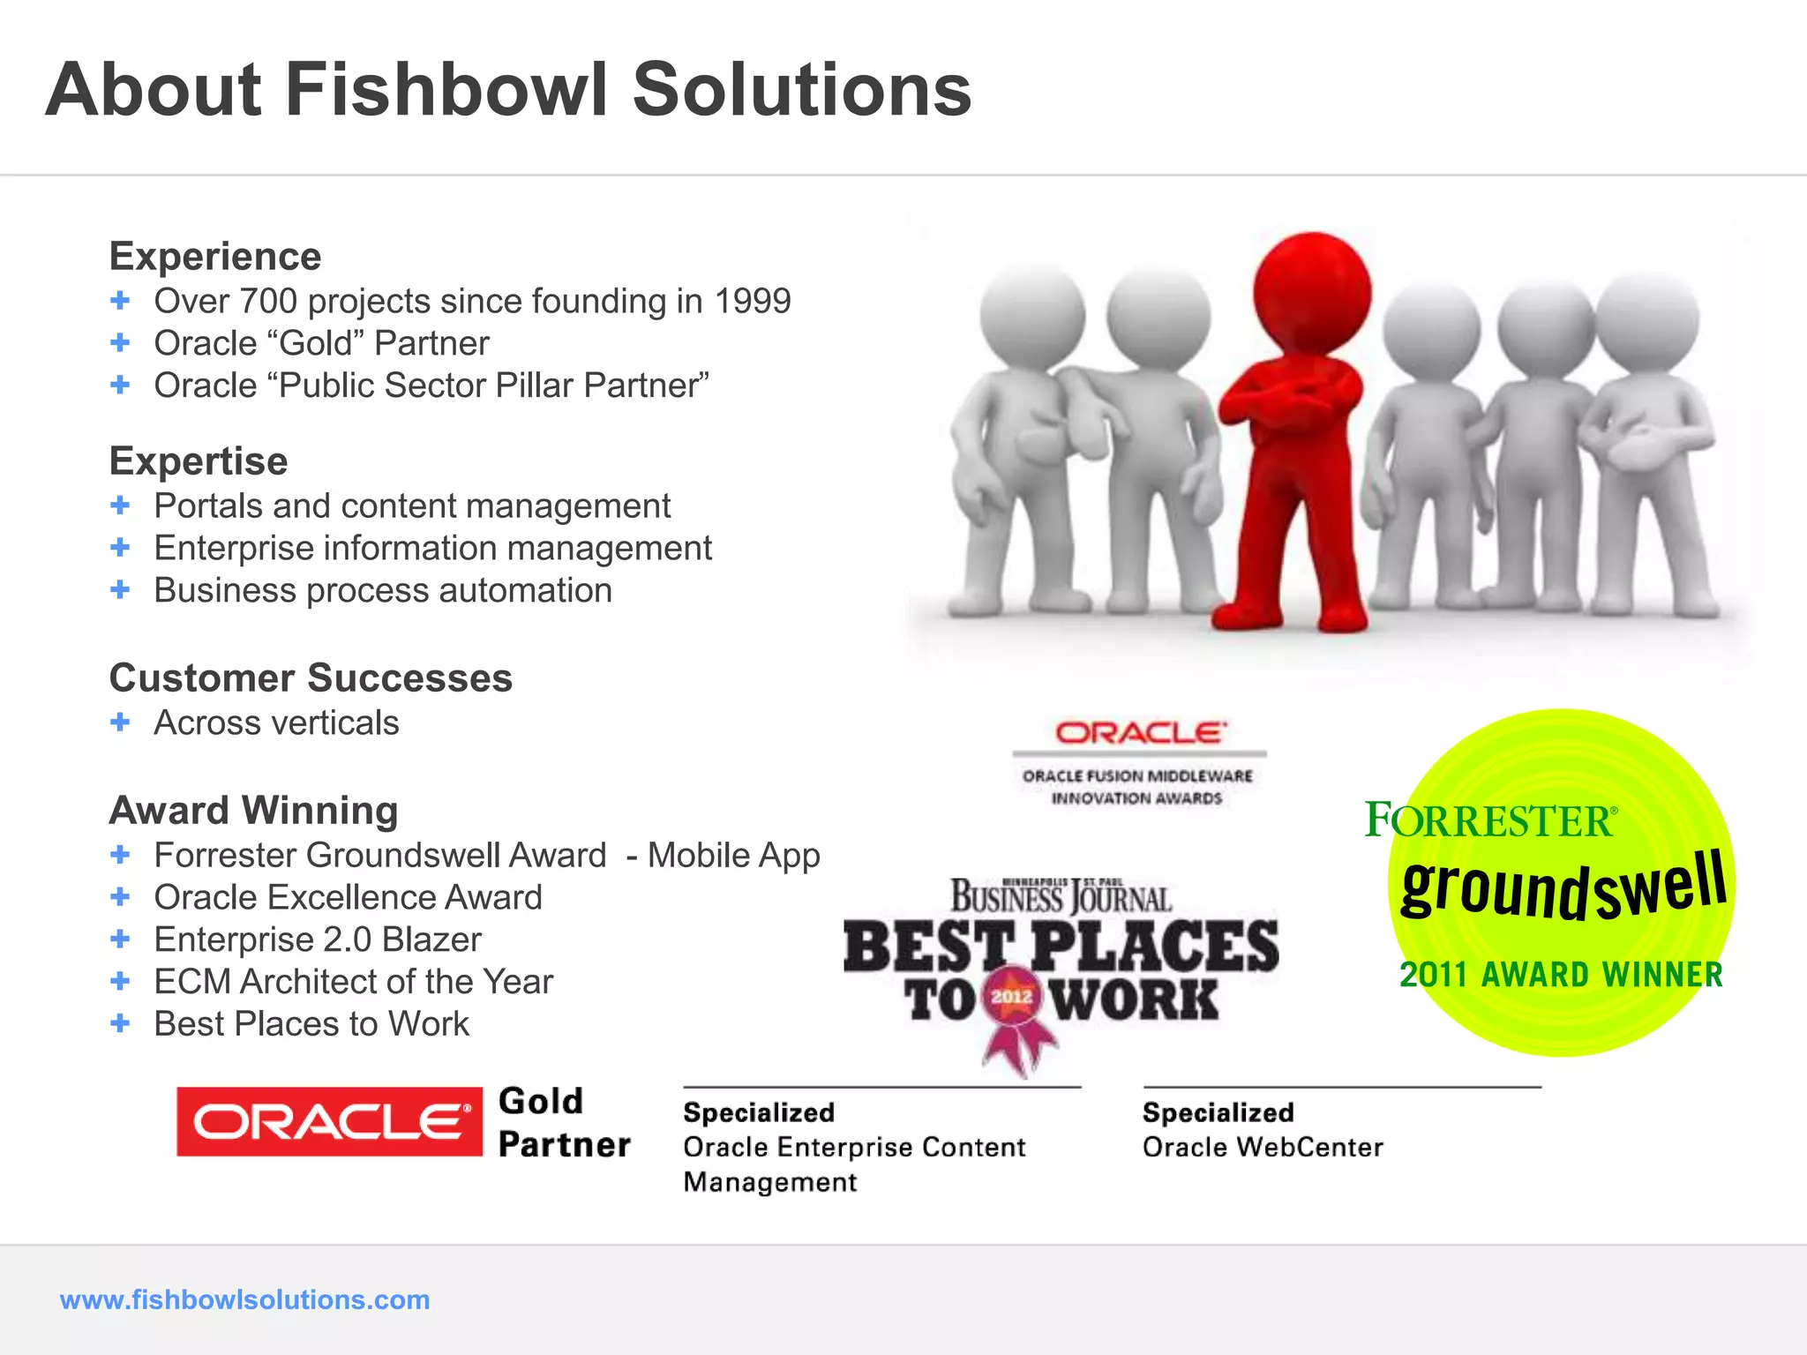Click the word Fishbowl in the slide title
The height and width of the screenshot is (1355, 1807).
446,90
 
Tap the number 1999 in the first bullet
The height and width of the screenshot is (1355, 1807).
752,302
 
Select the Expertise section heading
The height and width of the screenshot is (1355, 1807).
199,461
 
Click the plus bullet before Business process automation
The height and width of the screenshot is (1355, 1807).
120,589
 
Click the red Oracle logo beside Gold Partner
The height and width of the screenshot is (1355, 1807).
329,1122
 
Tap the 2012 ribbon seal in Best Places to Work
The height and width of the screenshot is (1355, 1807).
1012,998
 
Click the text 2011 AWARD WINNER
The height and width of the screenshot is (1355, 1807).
1561,975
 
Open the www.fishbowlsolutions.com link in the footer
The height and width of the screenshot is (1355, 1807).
244,1299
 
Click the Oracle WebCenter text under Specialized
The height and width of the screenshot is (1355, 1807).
1263,1147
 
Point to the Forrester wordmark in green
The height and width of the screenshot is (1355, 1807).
1490,820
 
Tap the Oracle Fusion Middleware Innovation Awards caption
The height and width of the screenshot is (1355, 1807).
1137,787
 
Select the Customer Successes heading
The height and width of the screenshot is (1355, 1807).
311,678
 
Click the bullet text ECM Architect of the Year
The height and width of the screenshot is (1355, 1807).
353,982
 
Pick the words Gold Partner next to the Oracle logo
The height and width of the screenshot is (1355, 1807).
563,1122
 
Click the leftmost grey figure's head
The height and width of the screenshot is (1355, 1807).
1032,318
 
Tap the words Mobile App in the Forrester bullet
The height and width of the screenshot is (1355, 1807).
733,856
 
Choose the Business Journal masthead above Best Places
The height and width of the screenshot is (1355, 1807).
1061,897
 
